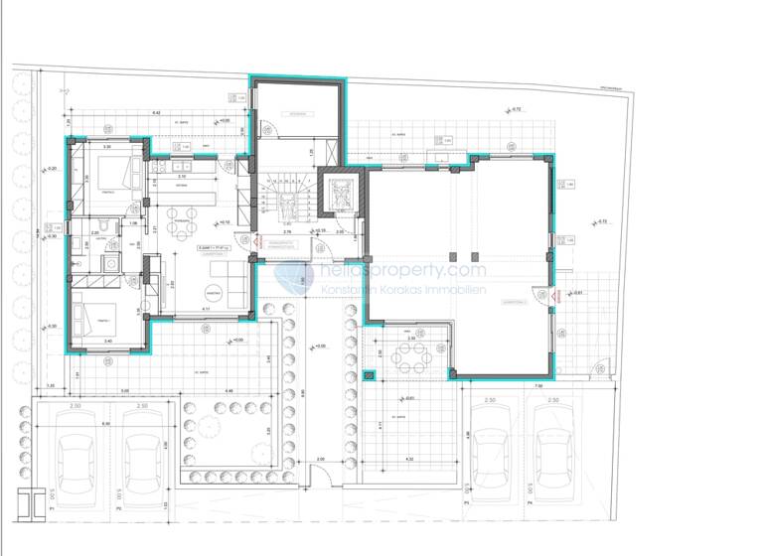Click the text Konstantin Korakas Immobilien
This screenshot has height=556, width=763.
tap(402, 288)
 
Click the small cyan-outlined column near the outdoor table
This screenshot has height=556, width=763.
tap(370, 376)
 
